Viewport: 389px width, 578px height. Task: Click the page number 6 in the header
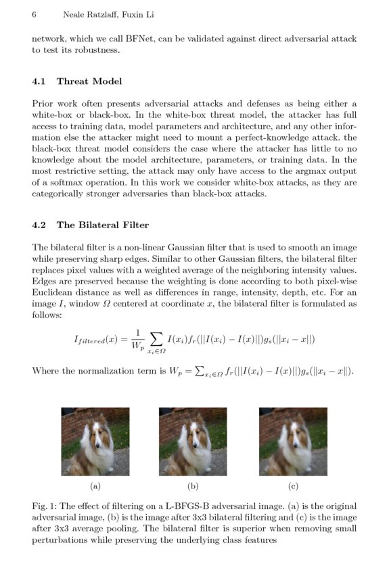[34, 14]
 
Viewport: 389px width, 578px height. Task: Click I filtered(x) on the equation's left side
[101, 340]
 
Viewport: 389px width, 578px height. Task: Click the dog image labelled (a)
[95, 441]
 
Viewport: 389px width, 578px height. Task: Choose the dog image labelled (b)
[193, 441]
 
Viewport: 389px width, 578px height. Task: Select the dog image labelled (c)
[292, 441]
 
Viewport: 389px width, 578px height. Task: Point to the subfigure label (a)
[95, 486]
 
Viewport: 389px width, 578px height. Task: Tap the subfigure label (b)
[193, 486]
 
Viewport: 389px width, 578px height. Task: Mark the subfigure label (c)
[292, 486]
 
